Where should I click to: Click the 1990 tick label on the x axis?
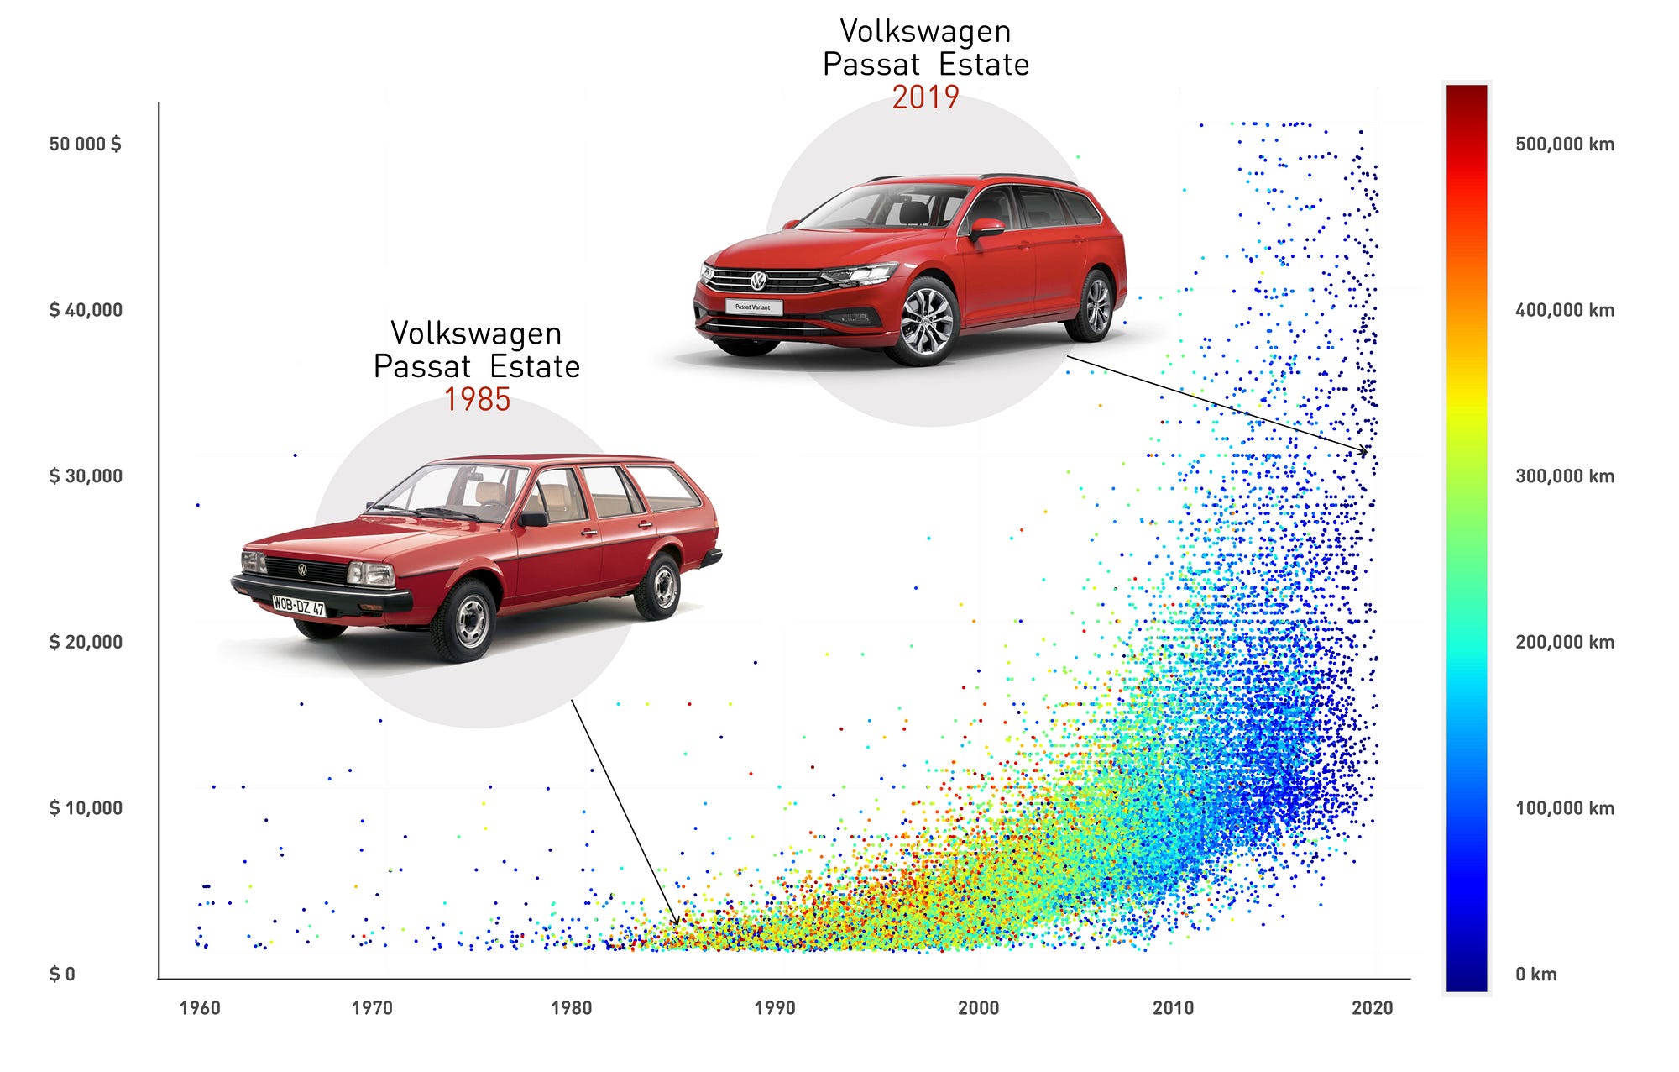[x=774, y=1007]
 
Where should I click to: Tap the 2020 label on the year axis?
[x=1372, y=1007]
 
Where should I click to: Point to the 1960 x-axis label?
[x=200, y=1007]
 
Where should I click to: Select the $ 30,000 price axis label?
[x=86, y=476]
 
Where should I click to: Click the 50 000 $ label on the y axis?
[x=85, y=144]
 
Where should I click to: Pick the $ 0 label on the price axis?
[x=62, y=974]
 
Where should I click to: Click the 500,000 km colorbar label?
[x=1565, y=144]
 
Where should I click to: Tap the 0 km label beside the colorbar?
[x=1535, y=974]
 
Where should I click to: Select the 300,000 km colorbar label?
[x=1565, y=476]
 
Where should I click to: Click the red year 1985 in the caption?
[x=477, y=399]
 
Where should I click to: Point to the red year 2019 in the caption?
[x=925, y=97]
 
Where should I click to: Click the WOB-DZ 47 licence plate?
[x=298, y=605]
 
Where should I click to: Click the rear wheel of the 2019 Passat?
[x=1096, y=306]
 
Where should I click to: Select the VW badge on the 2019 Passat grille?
[x=758, y=281]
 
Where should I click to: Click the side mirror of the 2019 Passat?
[x=986, y=227]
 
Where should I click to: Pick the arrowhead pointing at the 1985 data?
[x=677, y=923]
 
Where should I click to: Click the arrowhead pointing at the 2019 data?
[x=1365, y=453]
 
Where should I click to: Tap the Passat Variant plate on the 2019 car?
[x=753, y=307]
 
